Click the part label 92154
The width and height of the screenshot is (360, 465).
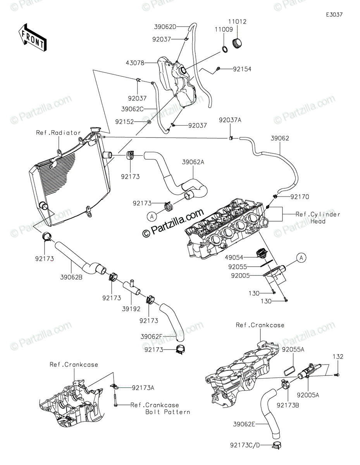242,69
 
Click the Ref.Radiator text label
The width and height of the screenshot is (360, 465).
58,133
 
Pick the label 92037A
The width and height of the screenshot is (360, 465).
230,121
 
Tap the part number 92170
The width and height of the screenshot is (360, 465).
299,197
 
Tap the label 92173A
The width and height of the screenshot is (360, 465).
143,387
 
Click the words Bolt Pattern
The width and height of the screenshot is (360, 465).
168,412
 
